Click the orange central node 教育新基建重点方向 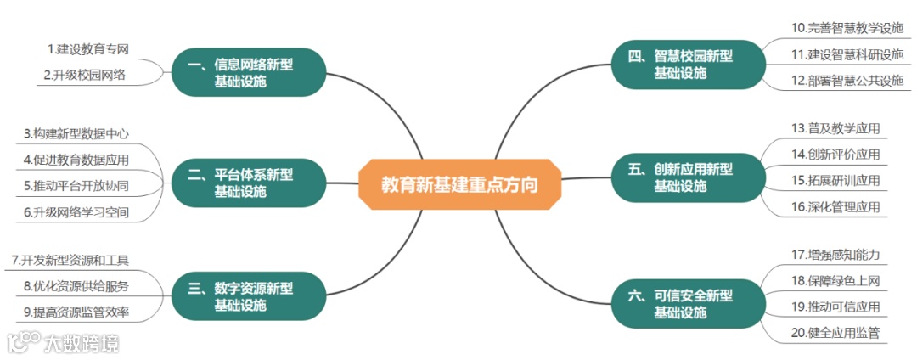459,184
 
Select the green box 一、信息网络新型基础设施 239,72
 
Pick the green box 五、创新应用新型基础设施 679,177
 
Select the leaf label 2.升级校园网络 85,75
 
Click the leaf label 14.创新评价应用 835,154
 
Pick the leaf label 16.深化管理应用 835,206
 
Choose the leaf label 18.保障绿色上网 835,280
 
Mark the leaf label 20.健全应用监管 835,333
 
